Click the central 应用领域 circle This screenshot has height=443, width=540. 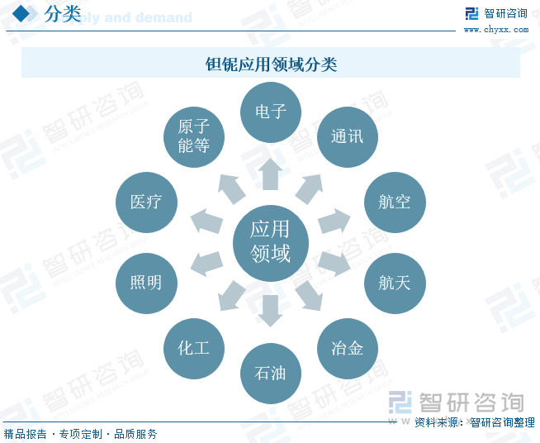coord(270,241)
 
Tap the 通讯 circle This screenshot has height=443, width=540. coord(347,136)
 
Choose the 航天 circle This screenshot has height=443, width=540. coord(395,283)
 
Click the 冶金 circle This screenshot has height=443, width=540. coord(347,348)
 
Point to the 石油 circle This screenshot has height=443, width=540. coord(270,374)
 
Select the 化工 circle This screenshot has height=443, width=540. coord(194,348)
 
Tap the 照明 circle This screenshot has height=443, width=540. coord(146,283)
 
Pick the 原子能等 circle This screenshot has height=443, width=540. coord(194,136)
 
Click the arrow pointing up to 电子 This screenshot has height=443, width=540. coord(270,174)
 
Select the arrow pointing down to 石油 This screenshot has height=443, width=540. coord(270,309)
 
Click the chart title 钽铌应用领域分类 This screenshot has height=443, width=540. coord(270,64)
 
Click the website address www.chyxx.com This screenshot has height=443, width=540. coord(495,30)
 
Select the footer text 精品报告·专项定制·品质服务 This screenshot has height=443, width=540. coord(80,434)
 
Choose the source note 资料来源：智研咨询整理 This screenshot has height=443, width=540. coord(474,422)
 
